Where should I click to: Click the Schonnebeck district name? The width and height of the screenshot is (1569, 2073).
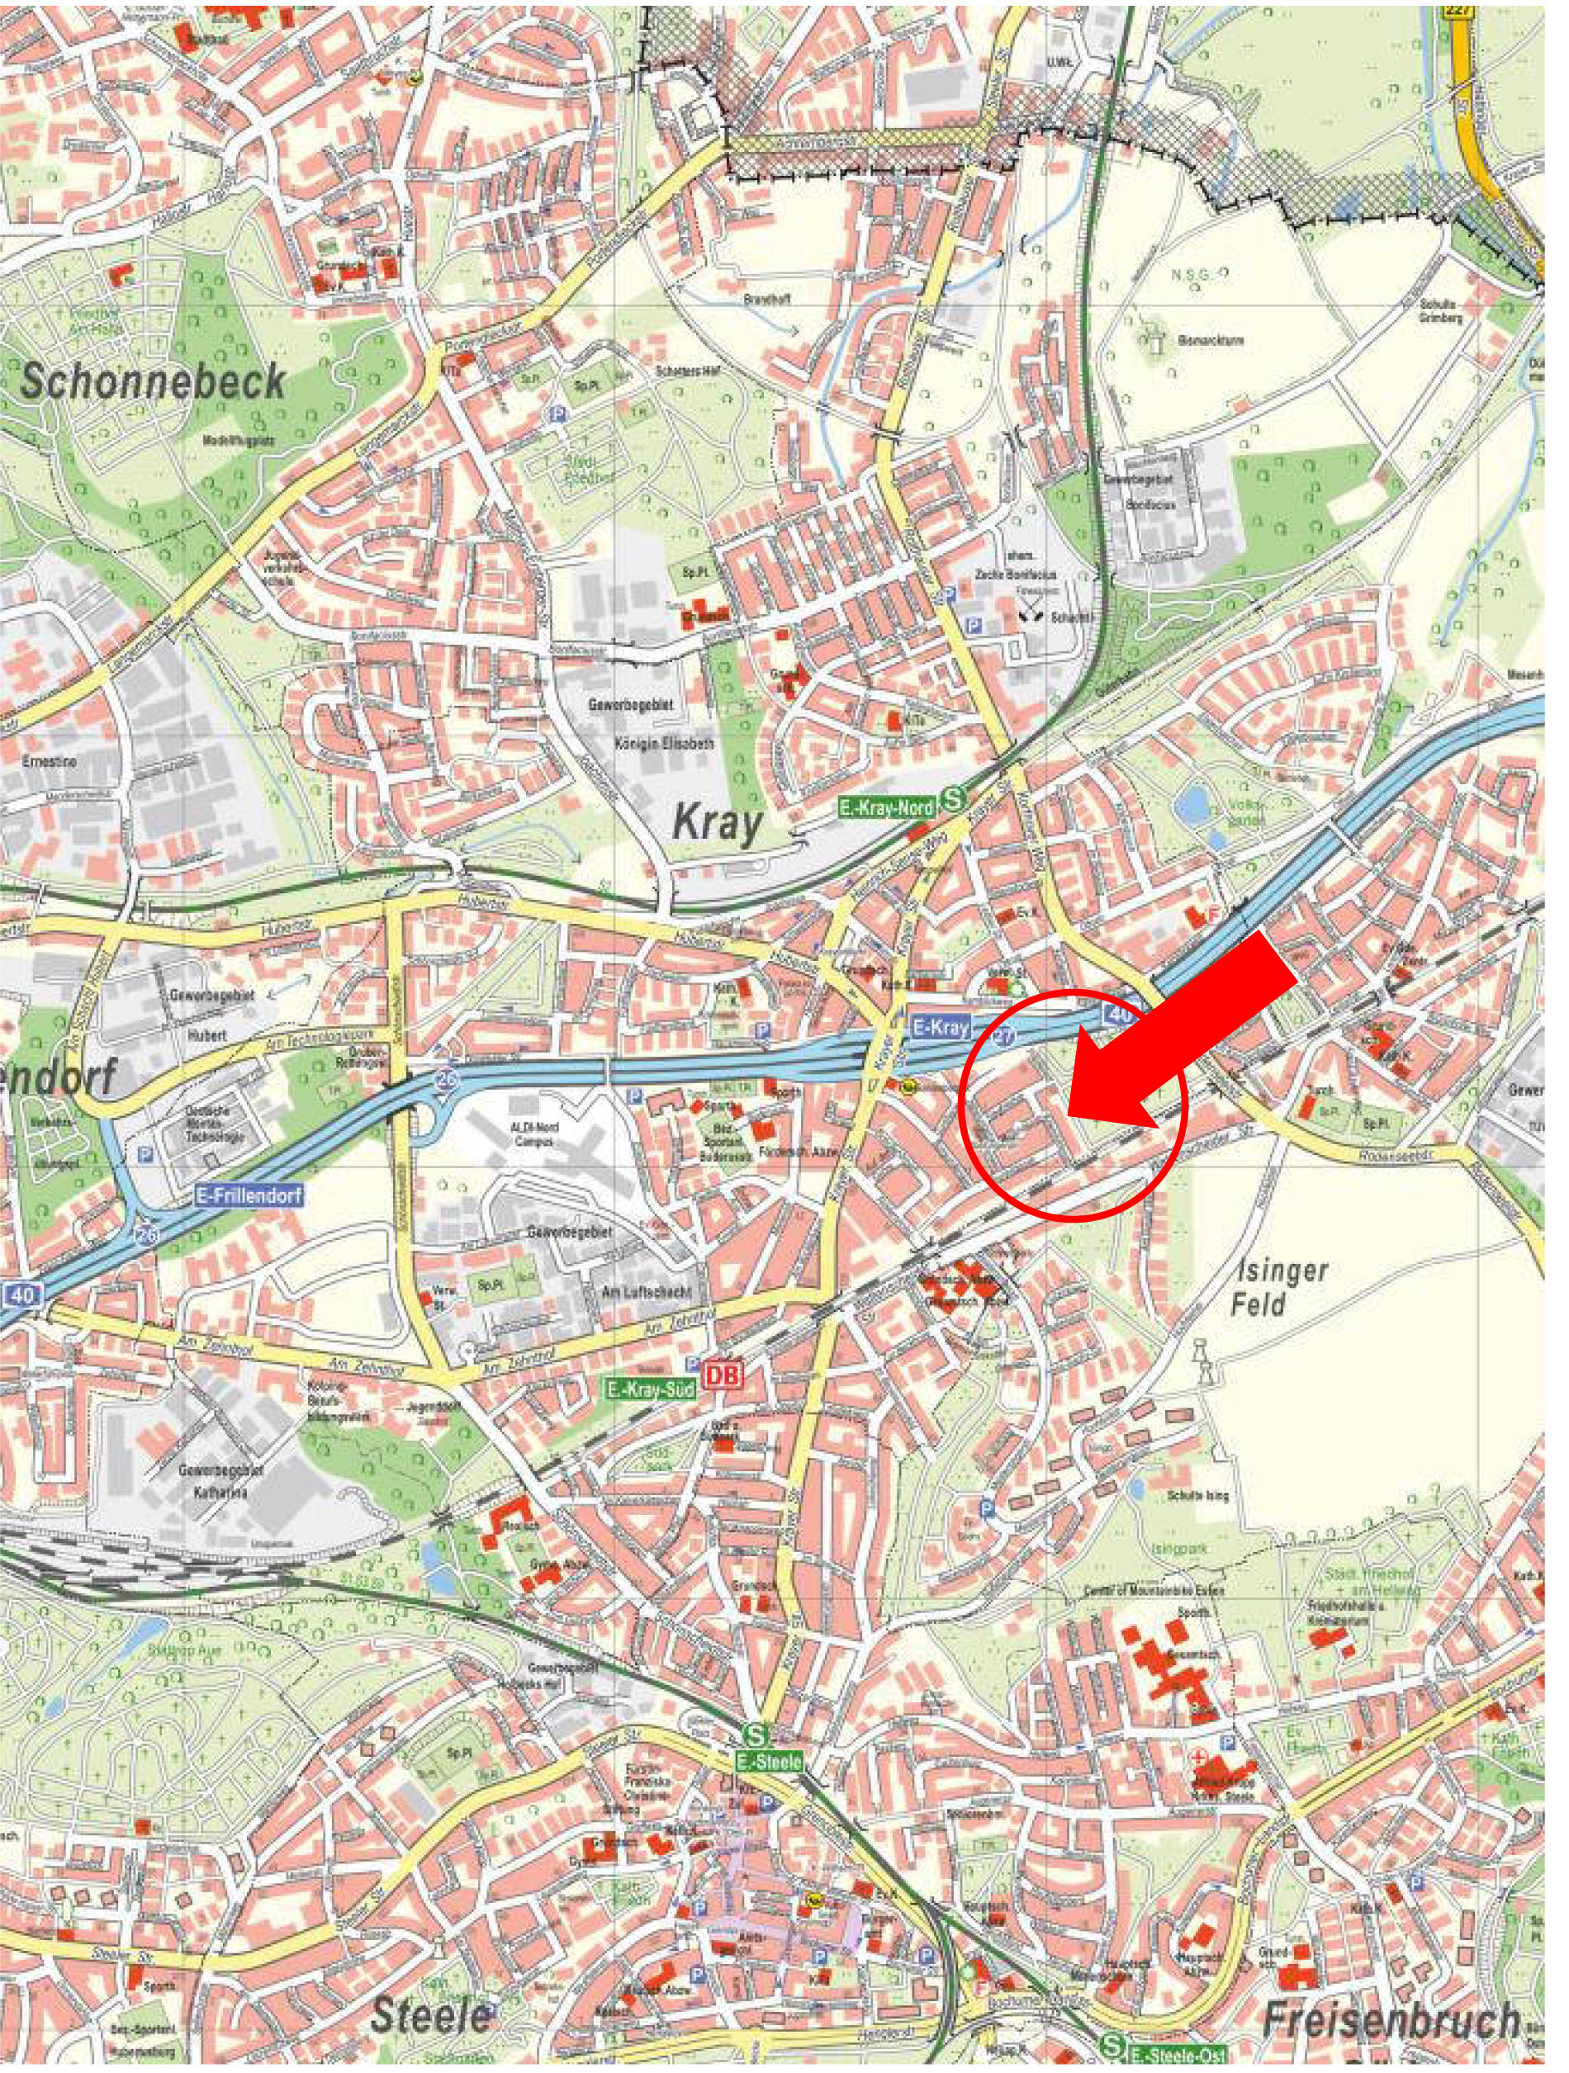coord(153,381)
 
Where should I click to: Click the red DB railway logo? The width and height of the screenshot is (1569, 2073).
coord(723,1374)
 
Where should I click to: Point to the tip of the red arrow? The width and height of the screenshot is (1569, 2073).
coord(1069,1115)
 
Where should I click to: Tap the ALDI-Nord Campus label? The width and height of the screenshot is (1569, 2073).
coord(534,1132)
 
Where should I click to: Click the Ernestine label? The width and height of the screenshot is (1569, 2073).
coord(50,761)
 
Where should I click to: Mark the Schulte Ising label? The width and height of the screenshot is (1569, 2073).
coord(1197,1497)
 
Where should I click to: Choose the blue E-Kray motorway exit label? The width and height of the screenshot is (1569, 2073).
coord(941,1027)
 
